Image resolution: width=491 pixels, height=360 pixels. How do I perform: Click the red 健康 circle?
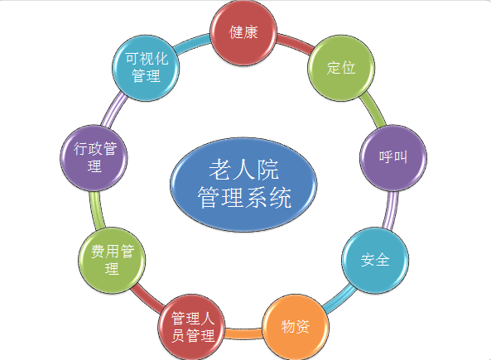[243, 32]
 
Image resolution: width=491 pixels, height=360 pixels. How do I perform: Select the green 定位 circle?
[341, 68]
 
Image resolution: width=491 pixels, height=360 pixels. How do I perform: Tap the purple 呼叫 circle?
[393, 157]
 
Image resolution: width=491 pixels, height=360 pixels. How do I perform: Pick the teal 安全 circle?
[375, 260]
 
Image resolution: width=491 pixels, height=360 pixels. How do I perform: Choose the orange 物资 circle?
[296, 327]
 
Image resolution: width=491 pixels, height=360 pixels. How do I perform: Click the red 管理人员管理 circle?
[191, 327]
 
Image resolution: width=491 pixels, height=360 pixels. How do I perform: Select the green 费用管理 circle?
[112, 260]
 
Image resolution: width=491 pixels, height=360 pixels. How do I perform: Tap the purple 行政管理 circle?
[94, 157]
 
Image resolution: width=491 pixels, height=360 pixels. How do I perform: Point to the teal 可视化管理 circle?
[146, 68]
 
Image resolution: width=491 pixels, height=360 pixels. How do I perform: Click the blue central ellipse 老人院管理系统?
[243, 185]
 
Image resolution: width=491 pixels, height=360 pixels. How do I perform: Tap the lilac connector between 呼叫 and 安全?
[391, 209]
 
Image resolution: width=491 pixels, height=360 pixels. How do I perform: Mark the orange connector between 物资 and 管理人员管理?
[243, 334]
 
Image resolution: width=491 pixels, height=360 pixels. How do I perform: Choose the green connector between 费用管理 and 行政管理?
[97, 209]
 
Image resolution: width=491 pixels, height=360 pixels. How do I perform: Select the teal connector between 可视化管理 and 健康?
[191, 43]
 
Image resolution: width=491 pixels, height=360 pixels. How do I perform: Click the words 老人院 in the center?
[243, 170]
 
